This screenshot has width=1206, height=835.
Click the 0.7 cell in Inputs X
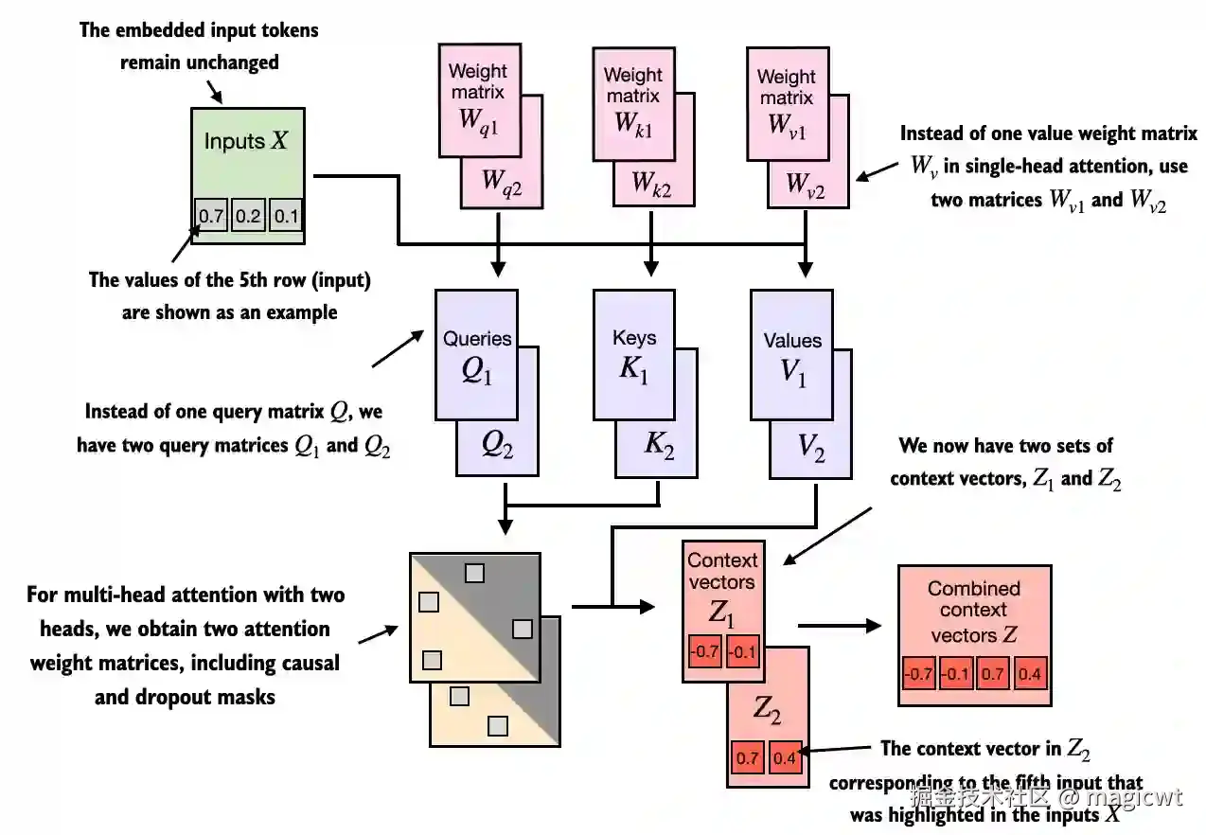pyautogui.click(x=210, y=215)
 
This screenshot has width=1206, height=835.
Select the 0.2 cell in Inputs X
pyautogui.click(x=248, y=215)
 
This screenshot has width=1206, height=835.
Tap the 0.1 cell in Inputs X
pyautogui.click(x=285, y=215)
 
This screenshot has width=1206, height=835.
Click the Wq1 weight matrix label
pyautogui.click(x=479, y=122)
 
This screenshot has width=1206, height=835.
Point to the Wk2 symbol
pyautogui.click(x=651, y=183)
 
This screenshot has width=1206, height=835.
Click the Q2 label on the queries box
pyautogui.click(x=497, y=445)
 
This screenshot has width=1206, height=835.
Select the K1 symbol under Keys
pyautogui.click(x=633, y=369)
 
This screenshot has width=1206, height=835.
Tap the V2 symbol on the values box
pyautogui.click(x=811, y=447)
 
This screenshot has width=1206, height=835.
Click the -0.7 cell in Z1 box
pyautogui.click(x=704, y=651)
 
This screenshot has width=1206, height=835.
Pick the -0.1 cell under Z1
pyautogui.click(x=742, y=651)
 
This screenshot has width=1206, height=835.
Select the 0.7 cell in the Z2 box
pyautogui.click(x=747, y=757)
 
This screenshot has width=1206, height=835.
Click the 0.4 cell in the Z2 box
pyautogui.click(x=785, y=757)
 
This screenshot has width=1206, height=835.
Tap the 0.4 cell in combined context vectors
pyautogui.click(x=1030, y=673)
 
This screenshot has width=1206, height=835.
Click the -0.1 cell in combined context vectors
pyautogui.click(x=956, y=673)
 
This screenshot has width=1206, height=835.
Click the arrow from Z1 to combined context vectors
pyautogui.click(x=840, y=626)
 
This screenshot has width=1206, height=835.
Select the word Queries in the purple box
pyautogui.click(x=477, y=339)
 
